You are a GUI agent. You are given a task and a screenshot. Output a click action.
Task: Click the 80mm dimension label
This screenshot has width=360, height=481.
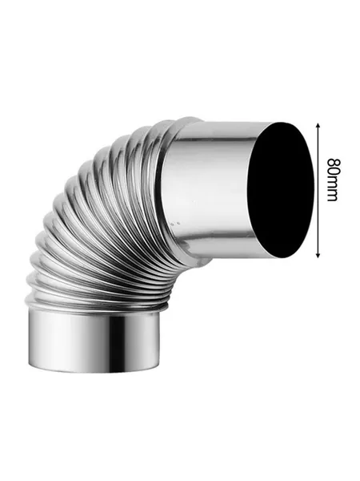pyautogui.click(x=333, y=180)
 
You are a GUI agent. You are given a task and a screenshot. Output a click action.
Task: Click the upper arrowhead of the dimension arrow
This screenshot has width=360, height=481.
pyautogui.click(x=318, y=125)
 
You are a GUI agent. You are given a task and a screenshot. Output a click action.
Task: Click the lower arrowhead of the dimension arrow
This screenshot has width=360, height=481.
pyautogui.click(x=318, y=255)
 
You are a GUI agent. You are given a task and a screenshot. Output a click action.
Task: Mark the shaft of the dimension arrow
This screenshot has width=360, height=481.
pyautogui.click(x=318, y=190)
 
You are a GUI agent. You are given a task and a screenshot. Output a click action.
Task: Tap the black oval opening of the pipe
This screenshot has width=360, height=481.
pyautogui.click(x=281, y=190)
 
